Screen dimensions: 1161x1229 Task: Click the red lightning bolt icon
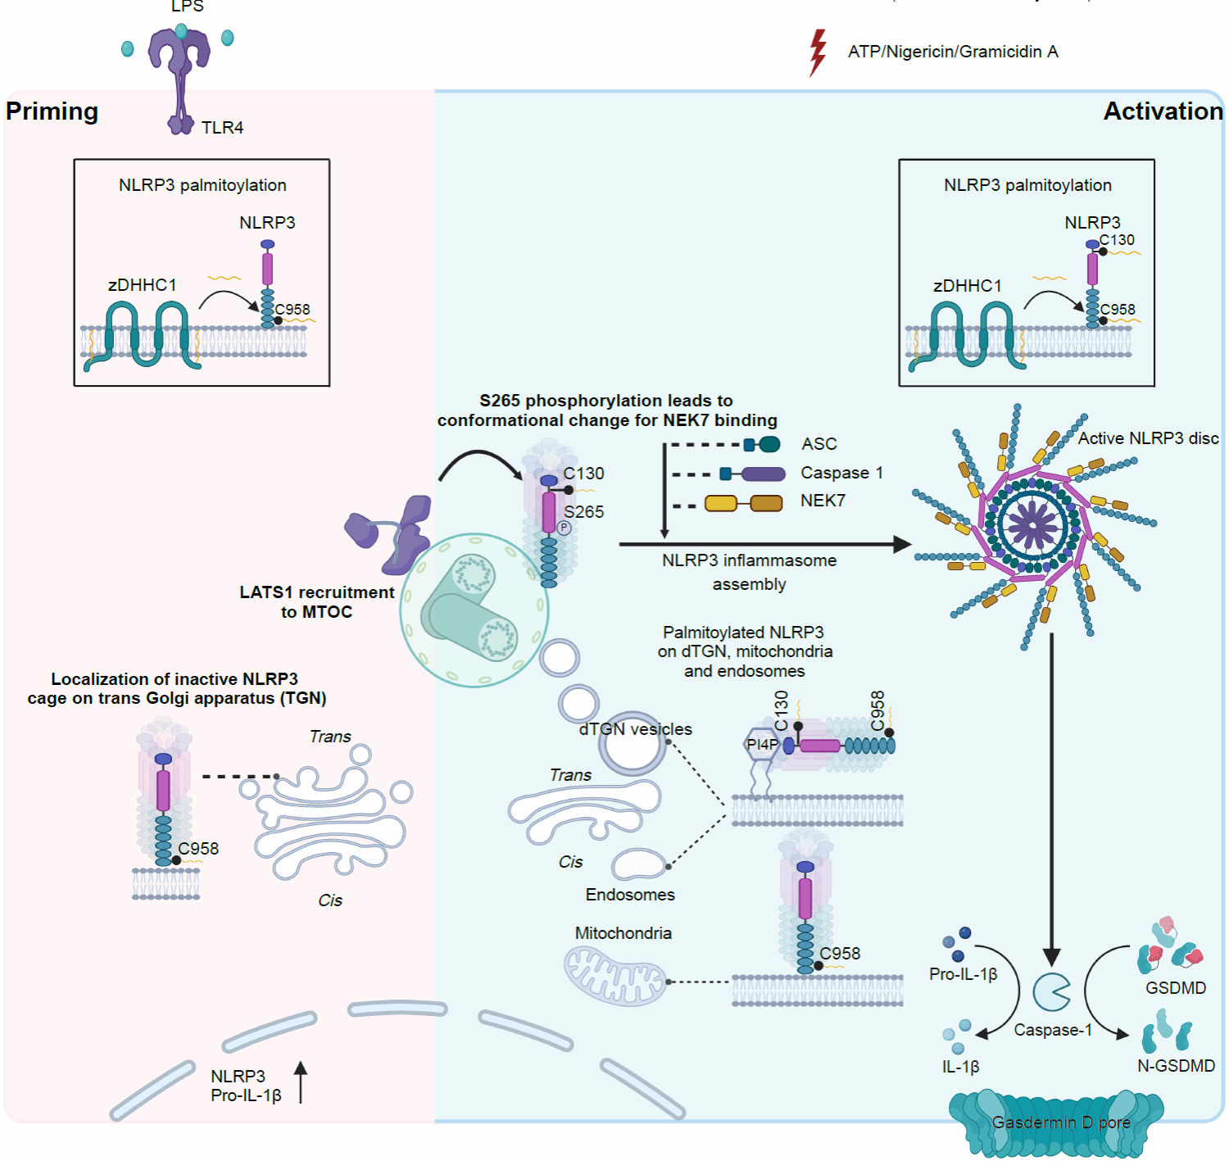click(818, 52)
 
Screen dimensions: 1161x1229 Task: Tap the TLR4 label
click(222, 128)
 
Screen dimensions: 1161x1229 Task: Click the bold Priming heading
click(52, 111)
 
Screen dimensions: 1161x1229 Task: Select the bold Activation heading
click(1163, 111)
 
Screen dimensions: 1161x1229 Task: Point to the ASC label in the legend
click(819, 444)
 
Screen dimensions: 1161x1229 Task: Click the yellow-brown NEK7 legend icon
click(743, 503)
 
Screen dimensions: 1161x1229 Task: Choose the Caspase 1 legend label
click(841, 473)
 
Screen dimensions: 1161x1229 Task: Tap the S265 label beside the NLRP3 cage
click(584, 512)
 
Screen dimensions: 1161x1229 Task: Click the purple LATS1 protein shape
click(393, 533)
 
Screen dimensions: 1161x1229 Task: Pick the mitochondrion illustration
click(614, 975)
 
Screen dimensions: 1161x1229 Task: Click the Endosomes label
click(630, 895)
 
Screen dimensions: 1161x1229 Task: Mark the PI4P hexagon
click(762, 745)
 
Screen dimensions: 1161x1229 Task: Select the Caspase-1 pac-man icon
click(1051, 992)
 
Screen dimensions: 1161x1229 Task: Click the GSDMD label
click(1176, 988)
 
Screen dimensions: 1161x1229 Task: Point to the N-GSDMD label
click(1176, 1066)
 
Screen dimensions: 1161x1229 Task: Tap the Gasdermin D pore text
click(1061, 1122)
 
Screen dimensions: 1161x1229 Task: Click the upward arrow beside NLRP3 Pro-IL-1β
click(301, 1082)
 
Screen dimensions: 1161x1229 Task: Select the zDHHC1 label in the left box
click(142, 285)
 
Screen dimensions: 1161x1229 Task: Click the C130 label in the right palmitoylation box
click(1117, 240)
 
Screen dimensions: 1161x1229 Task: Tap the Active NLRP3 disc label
click(1148, 438)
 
